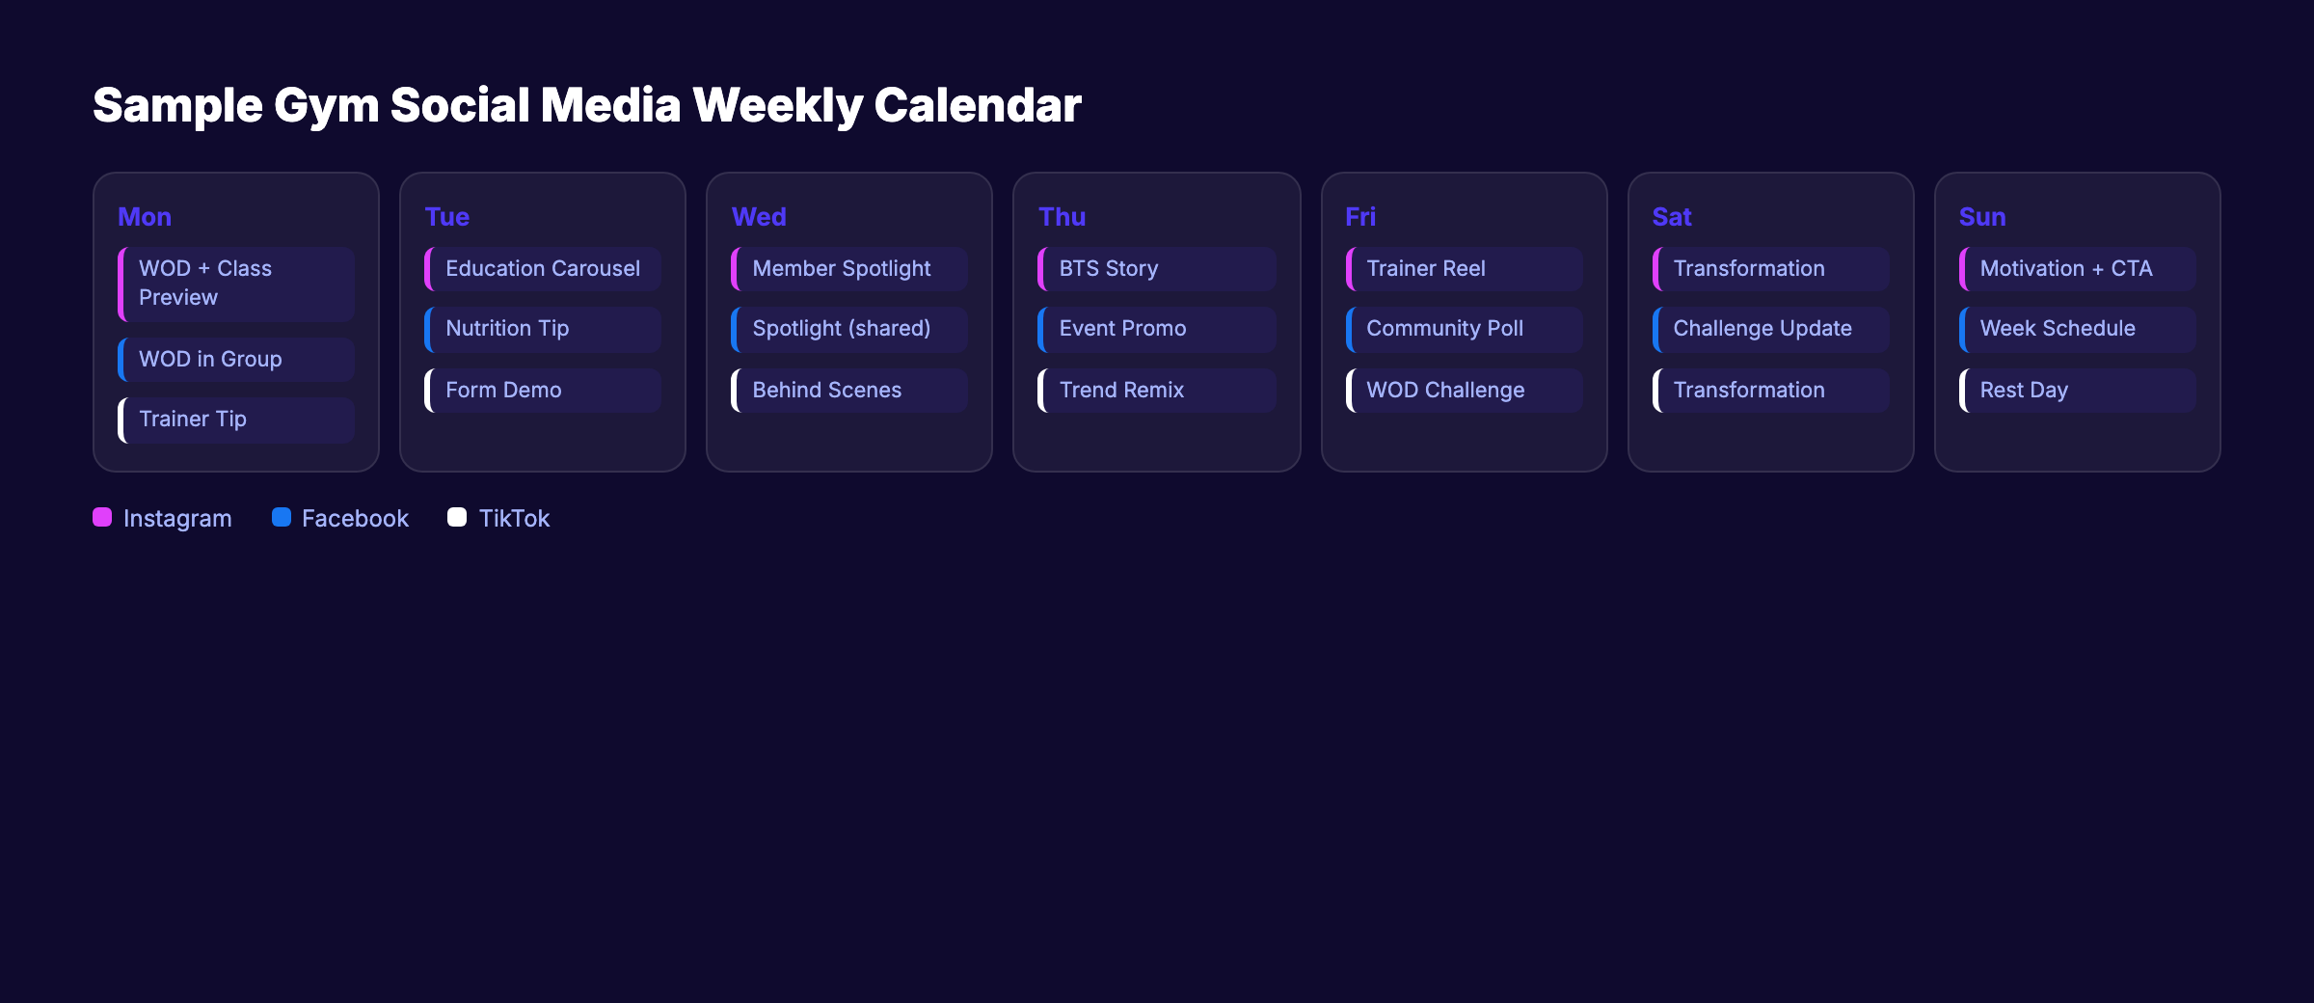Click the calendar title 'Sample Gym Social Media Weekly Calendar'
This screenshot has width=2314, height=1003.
pyautogui.click(x=586, y=105)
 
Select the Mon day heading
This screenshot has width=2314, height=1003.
pyautogui.click(x=145, y=217)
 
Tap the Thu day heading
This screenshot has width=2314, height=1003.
pyautogui.click(x=1062, y=217)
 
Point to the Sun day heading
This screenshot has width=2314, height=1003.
pyautogui.click(x=1981, y=217)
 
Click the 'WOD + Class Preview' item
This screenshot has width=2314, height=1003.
pyautogui.click(x=236, y=284)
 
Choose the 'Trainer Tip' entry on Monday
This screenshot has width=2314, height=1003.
pyautogui.click(x=236, y=420)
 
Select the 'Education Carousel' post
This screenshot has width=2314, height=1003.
pyautogui.click(x=543, y=269)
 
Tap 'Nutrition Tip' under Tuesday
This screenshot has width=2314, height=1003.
pyautogui.click(x=543, y=329)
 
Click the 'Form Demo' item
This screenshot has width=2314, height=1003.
pyautogui.click(x=543, y=391)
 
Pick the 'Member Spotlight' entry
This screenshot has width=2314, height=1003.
pyautogui.click(x=849, y=269)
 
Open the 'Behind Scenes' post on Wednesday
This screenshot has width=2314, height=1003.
pyautogui.click(x=849, y=391)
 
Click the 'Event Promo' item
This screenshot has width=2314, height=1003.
pyautogui.click(x=1156, y=329)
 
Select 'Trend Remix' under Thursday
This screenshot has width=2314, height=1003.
pyautogui.click(x=1156, y=391)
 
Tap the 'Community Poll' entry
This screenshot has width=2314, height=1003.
pyautogui.click(x=1464, y=329)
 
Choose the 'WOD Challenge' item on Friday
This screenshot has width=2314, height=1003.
pyautogui.click(x=1464, y=391)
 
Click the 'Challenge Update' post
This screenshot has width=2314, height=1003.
pyautogui.click(x=1770, y=329)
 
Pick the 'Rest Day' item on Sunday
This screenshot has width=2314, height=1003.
pyautogui.click(x=2077, y=391)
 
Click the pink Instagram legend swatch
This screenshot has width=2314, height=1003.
pyautogui.click(x=102, y=518)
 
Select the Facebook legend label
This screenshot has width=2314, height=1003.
pyautogui.click(x=355, y=519)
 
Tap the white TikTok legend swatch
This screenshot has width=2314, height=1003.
pyautogui.click(x=457, y=518)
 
